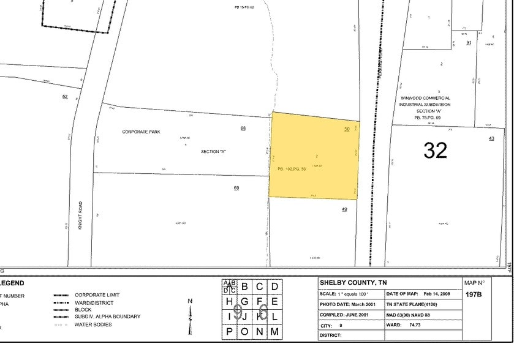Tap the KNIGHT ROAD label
coord(80,216)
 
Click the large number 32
coord(435,150)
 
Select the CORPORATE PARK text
coord(141,132)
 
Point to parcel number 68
coord(243,128)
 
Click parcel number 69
coord(236,187)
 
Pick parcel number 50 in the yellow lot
coord(347,129)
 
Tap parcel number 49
coord(344,209)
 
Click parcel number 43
coord(491,139)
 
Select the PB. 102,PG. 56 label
coord(292,168)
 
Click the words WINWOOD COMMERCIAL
coord(425,98)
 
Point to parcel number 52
coord(64,97)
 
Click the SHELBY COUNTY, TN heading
coord(353,283)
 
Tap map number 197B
coord(473,294)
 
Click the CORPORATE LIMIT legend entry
coord(97,295)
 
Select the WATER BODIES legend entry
coord(93,324)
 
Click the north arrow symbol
coord(190,316)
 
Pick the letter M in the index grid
coord(275,332)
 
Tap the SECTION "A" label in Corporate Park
coord(214,151)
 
